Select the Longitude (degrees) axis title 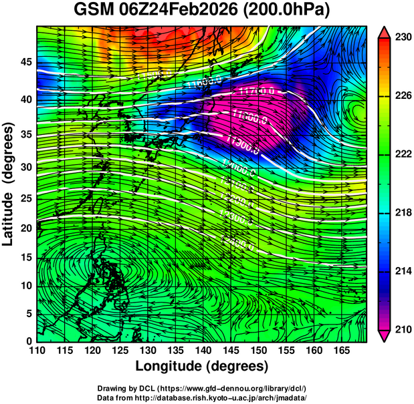tap(202, 366)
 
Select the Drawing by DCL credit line tap(202, 388)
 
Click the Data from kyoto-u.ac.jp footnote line tap(202, 397)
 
